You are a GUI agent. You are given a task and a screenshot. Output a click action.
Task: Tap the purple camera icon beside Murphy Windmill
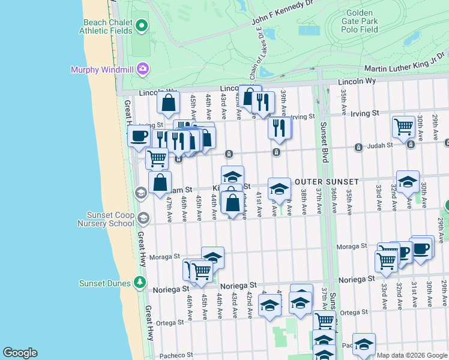[x=142, y=68]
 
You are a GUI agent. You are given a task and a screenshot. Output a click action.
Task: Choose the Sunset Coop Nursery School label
[x=101, y=218]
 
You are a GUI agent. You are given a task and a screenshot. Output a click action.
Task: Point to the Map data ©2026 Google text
[x=411, y=355]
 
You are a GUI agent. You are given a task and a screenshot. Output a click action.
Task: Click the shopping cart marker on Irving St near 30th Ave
[x=403, y=126]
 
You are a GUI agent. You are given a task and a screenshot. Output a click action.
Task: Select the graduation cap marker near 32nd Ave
[x=408, y=181]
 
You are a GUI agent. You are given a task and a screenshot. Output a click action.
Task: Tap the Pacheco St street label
[x=174, y=356]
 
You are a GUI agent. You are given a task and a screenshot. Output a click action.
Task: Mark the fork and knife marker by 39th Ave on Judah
[x=279, y=127]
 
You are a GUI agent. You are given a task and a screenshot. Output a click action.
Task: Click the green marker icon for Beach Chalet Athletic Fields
[x=142, y=25]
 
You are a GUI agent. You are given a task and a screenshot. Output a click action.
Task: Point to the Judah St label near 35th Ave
[x=380, y=145]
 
